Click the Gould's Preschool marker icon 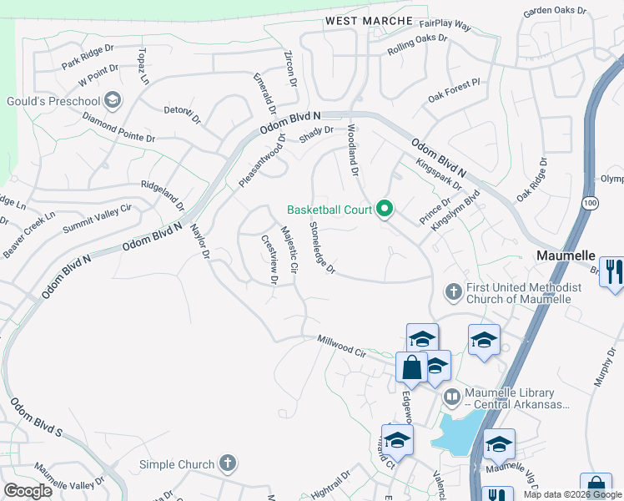coord(113,102)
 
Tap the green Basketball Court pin coord(385,209)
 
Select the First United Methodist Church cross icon coord(453,291)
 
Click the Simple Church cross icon coord(227,463)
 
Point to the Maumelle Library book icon coord(451,396)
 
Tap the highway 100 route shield coord(591,203)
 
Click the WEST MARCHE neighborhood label coord(369,20)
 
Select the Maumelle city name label coord(565,255)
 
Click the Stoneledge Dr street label coord(321,248)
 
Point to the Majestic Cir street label coord(289,250)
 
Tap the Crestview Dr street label coord(269,259)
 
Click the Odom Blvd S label coord(36,418)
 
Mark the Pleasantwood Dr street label coord(262,160)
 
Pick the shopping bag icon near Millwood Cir coord(412,366)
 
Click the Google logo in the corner coord(28,491)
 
